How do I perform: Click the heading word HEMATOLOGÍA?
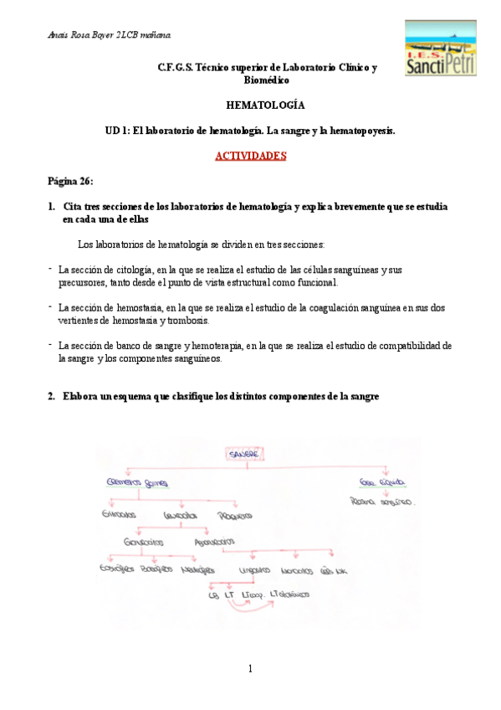266,105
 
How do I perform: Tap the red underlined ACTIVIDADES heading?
251,156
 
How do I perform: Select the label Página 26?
71,181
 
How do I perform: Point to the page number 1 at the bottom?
250,668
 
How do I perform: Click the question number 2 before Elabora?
52,397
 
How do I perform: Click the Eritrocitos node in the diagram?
120,514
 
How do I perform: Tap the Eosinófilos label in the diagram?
118,569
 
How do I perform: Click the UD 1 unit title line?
250,131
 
